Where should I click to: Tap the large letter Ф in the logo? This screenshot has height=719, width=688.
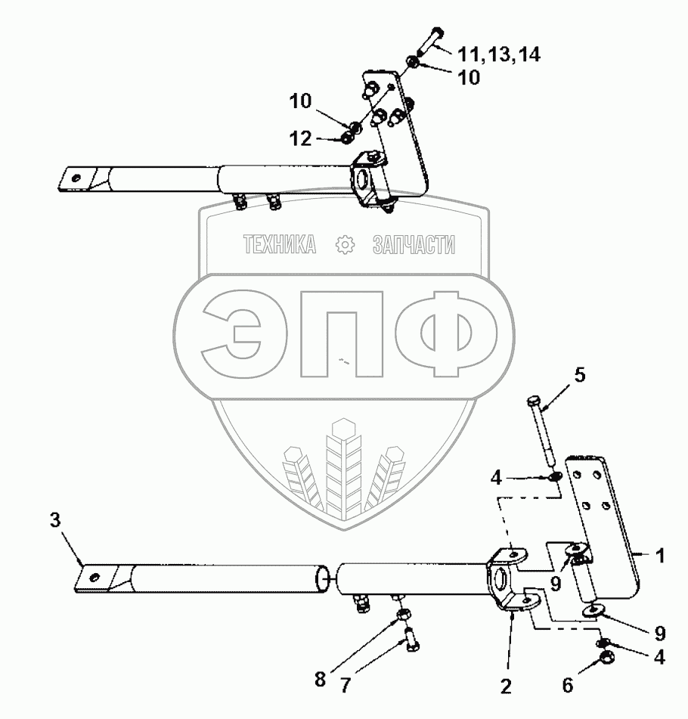pyautogui.click(x=445, y=336)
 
